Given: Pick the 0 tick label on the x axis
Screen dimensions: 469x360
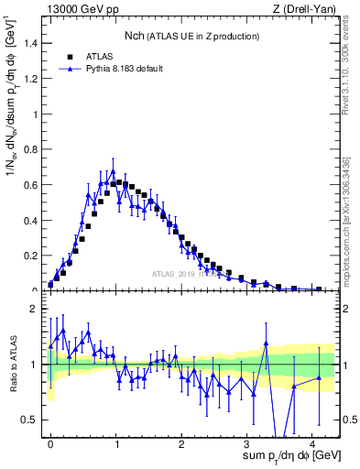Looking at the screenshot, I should point(50,442).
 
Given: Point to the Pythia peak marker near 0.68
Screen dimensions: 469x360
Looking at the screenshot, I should point(113,171).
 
